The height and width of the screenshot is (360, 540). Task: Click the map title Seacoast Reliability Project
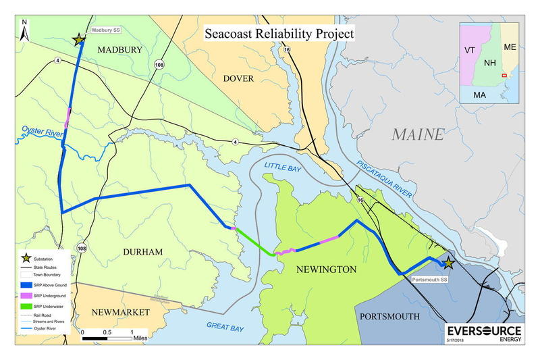click(x=279, y=33)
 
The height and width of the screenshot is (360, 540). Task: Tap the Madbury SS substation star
click(x=80, y=40)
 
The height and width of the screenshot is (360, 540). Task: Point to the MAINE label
click(x=418, y=134)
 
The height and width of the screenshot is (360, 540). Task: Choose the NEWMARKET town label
click(x=122, y=313)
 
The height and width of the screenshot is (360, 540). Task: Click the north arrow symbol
click(x=24, y=31)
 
